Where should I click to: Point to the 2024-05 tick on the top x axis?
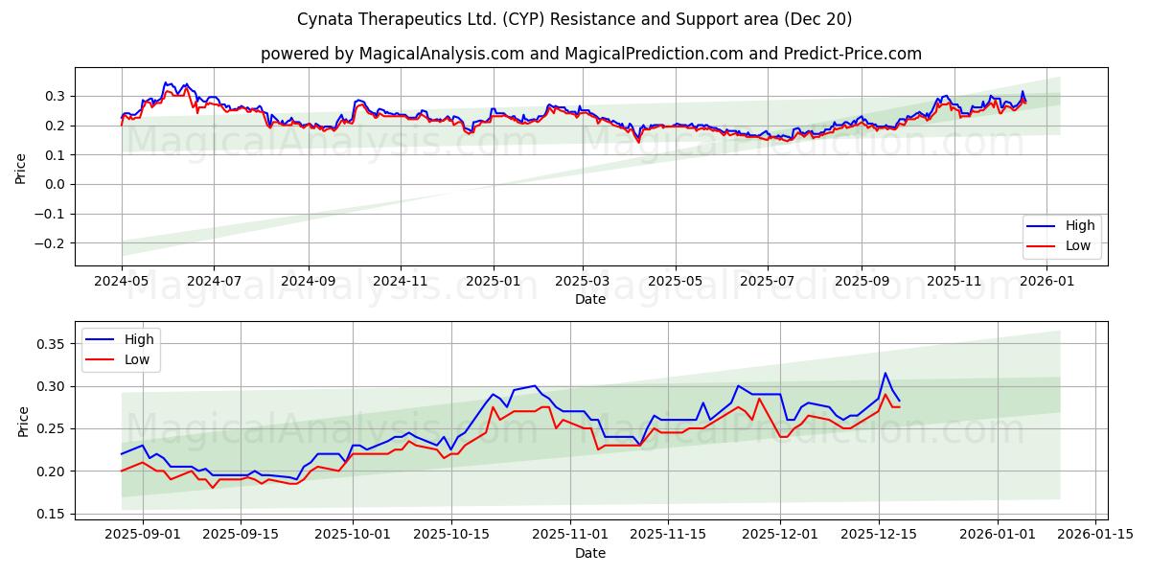[121, 282]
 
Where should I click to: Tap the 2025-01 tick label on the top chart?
[493, 282]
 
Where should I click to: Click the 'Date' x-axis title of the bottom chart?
[590, 554]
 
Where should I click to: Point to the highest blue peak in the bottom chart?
[885, 373]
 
